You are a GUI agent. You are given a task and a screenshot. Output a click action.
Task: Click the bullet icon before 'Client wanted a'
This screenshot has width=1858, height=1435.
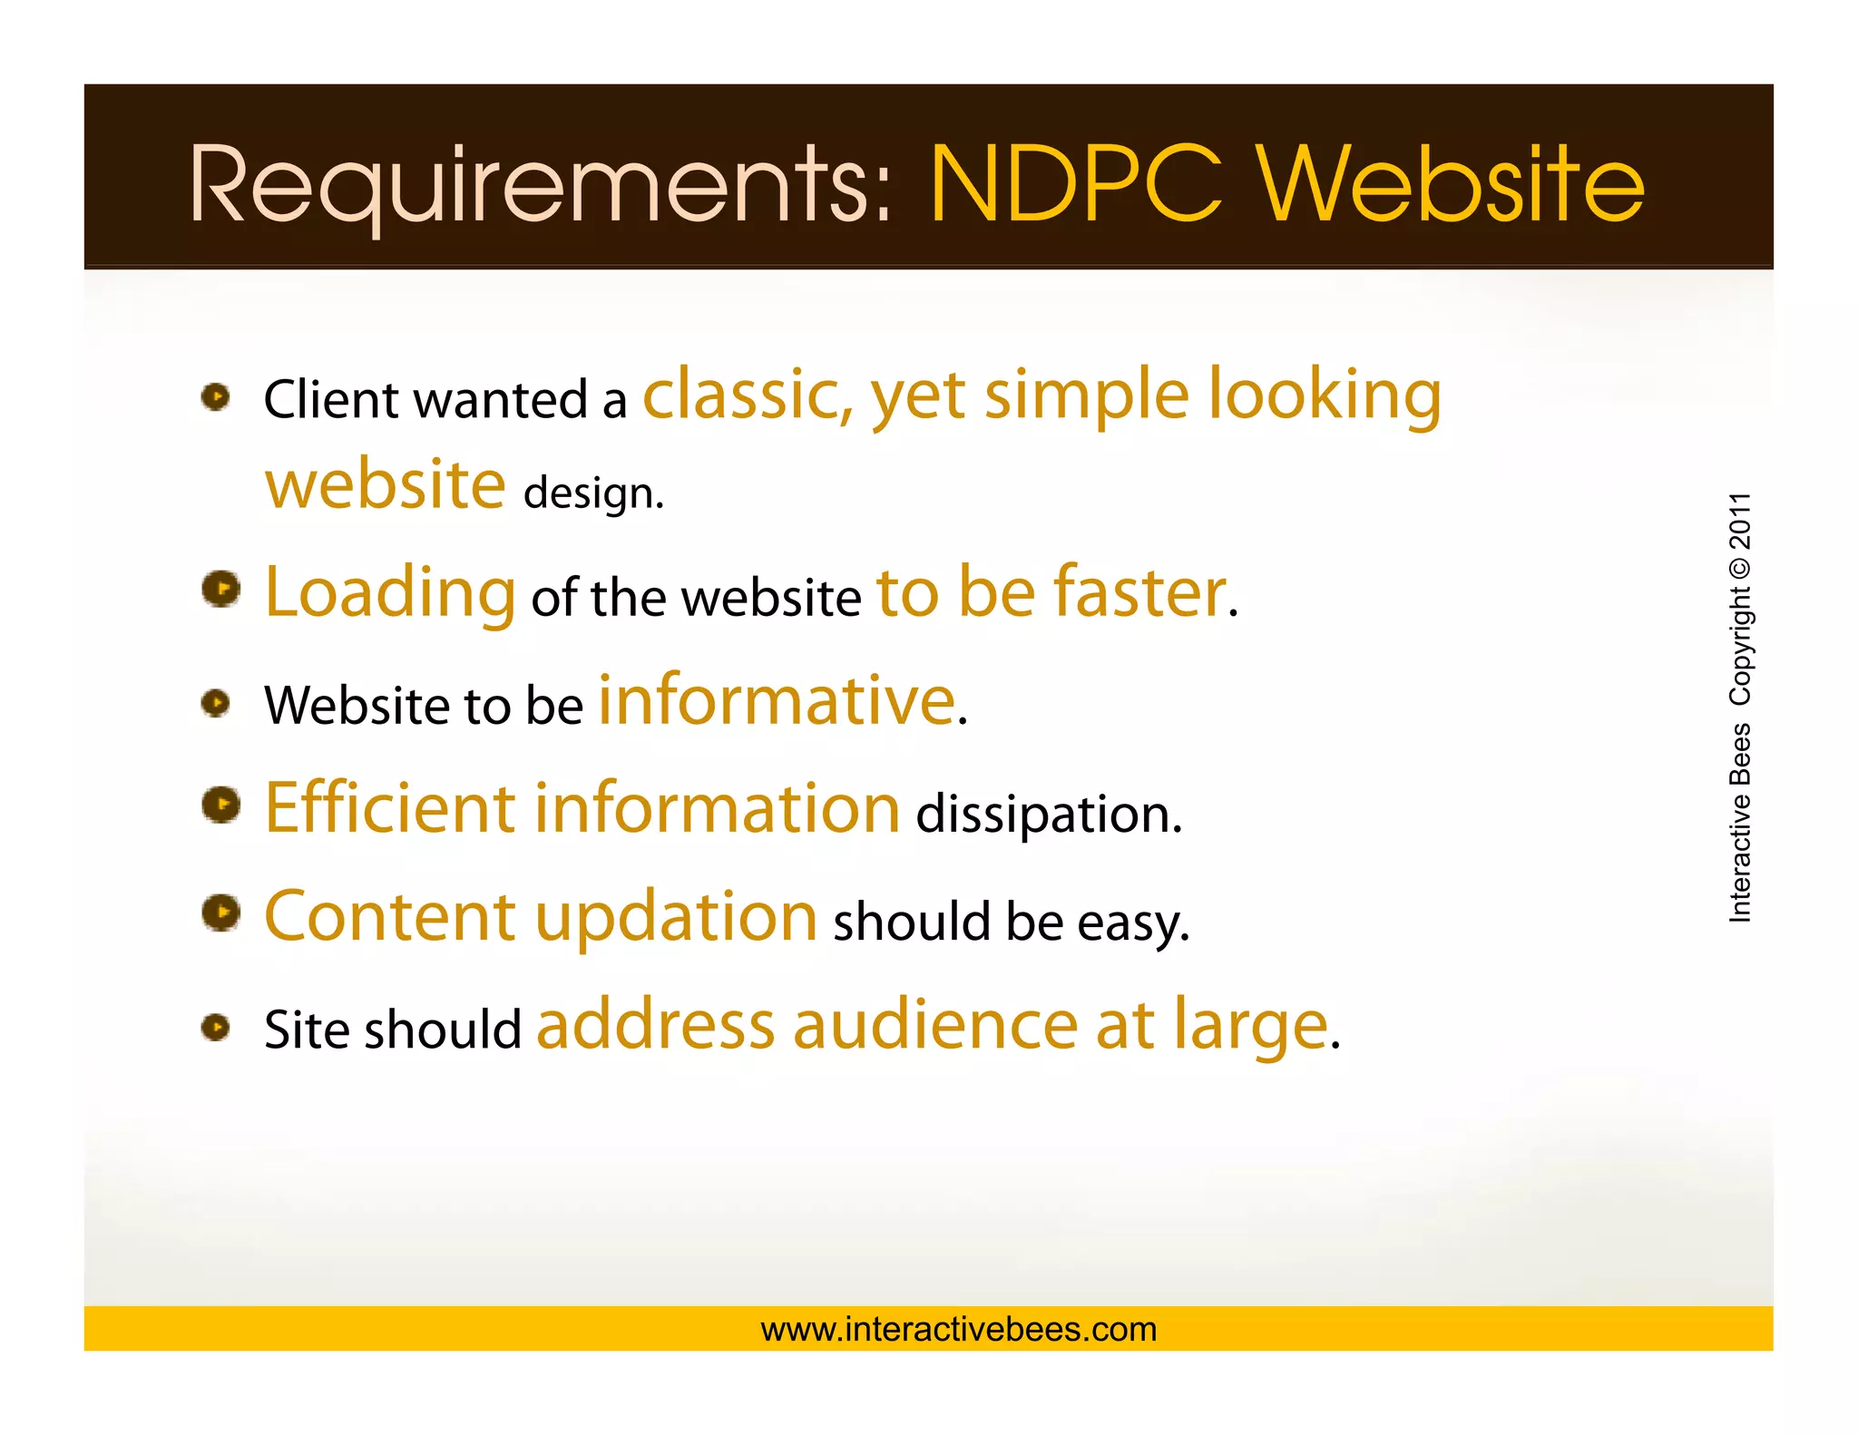click(x=216, y=396)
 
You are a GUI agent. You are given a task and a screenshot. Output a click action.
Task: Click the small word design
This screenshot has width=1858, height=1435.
click(x=593, y=493)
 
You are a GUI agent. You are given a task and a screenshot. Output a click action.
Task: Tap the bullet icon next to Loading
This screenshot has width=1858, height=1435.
click(x=220, y=590)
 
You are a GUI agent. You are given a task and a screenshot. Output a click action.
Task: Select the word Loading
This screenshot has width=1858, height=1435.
click(x=390, y=593)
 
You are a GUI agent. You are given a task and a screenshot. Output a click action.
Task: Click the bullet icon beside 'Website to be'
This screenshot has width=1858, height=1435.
click(x=216, y=702)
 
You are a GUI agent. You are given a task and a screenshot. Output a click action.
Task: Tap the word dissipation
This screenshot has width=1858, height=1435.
click(x=1049, y=814)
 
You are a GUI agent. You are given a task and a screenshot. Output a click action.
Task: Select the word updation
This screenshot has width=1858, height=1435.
click(x=677, y=916)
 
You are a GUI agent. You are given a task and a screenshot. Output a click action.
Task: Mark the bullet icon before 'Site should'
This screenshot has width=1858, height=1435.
click(x=216, y=1027)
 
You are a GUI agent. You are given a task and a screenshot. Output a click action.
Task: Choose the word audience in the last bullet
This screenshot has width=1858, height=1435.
click(x=935, y=1025)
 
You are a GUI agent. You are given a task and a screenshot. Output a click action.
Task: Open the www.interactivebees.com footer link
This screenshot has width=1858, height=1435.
click(x=959, y=1329)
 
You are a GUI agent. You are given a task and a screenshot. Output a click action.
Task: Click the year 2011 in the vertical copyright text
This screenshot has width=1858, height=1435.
click(x=1740, y=522)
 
